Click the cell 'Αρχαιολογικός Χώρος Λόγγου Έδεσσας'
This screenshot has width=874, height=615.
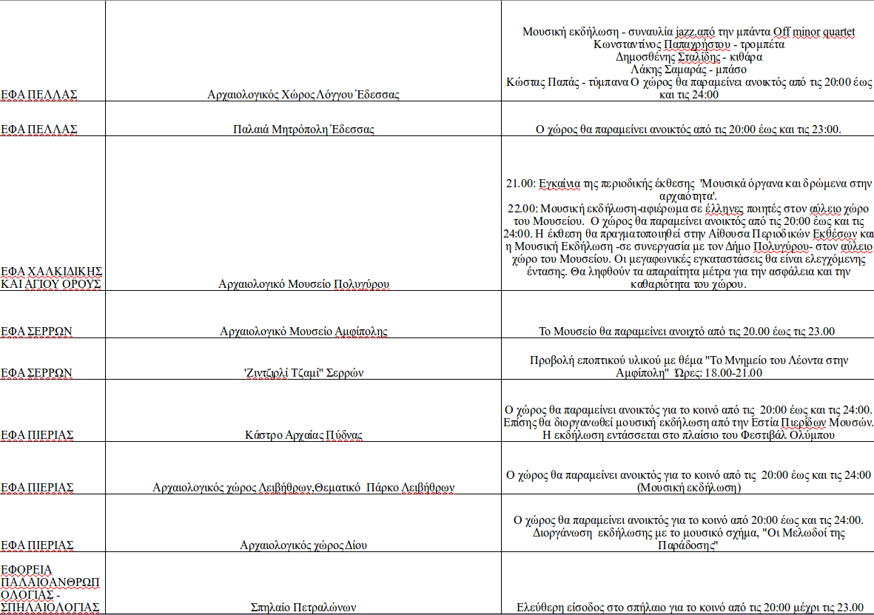(303, 95)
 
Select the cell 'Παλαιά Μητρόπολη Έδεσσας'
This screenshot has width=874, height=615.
(303, 130)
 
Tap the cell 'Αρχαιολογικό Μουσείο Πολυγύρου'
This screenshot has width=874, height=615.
(303, 283)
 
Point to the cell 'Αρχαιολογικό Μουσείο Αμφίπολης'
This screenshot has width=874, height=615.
(303, 331)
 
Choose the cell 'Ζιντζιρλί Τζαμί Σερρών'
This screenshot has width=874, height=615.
(303, 373)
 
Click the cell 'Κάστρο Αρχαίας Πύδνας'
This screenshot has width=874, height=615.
(303, 434)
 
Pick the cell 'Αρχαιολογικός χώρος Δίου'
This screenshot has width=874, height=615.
(303, 545)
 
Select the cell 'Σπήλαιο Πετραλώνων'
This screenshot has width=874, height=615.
(303, 608)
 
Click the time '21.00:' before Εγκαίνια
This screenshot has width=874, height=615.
(520, 183)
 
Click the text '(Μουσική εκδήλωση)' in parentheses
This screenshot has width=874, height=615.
(688, 488)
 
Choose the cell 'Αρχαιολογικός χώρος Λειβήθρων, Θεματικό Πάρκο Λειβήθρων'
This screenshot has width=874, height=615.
(303, 488)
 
